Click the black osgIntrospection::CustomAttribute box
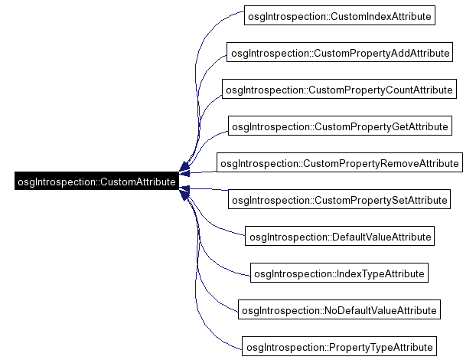pos(96,182)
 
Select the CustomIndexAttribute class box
pos(339,15)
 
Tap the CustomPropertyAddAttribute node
pos(339,53)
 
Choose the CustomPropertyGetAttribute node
pos(339,126)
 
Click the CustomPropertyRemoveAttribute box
pos(339,163)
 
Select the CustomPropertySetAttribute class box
pos(339,200)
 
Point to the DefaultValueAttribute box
pos(339,237)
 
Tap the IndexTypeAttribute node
pos(339,273)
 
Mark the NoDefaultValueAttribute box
pos(339,310)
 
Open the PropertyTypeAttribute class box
pos(339,347)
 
